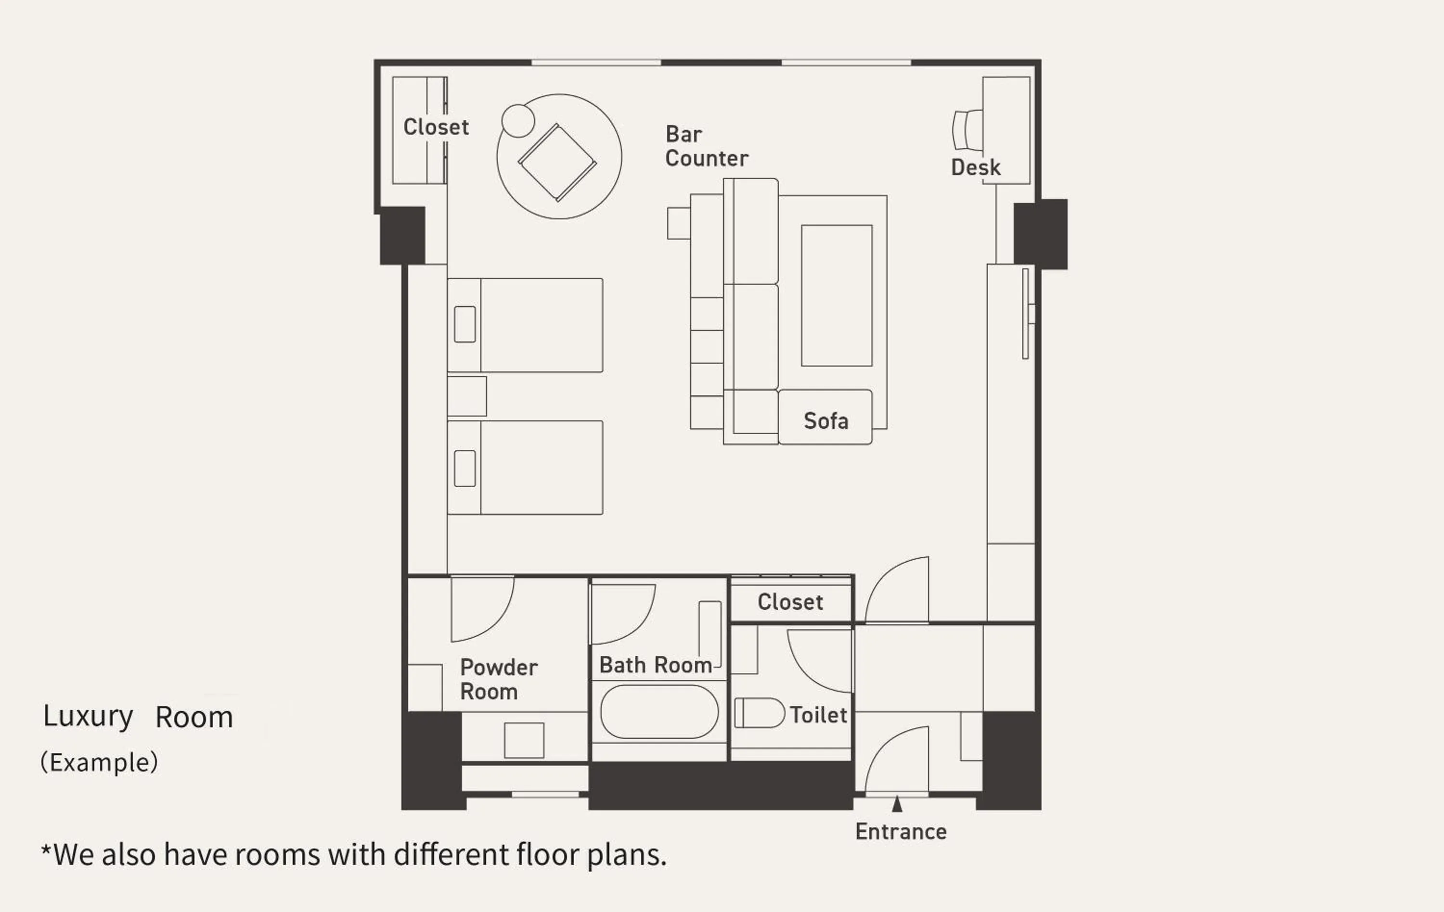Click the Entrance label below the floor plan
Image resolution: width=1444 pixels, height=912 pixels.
[901, 832]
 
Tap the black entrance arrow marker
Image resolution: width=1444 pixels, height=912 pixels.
[897, 804]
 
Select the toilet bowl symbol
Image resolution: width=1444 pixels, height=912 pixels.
[759, 713]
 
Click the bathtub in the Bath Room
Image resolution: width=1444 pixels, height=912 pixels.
[659, 712]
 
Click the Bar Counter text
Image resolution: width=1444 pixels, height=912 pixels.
[706, 146]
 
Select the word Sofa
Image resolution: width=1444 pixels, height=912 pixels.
[826, 421]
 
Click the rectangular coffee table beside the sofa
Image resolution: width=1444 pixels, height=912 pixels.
[837, 295]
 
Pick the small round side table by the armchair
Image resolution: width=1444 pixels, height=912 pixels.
[517, 120]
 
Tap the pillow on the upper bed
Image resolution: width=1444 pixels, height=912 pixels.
[465, 324]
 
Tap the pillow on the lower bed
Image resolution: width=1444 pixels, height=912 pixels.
[465, 469]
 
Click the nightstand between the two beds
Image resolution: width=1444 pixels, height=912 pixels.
[466, 396]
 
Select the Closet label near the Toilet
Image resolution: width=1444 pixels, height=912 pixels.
[790, 602]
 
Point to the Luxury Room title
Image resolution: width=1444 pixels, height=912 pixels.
[138, 717]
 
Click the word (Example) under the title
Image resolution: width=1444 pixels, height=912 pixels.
[99, 763]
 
